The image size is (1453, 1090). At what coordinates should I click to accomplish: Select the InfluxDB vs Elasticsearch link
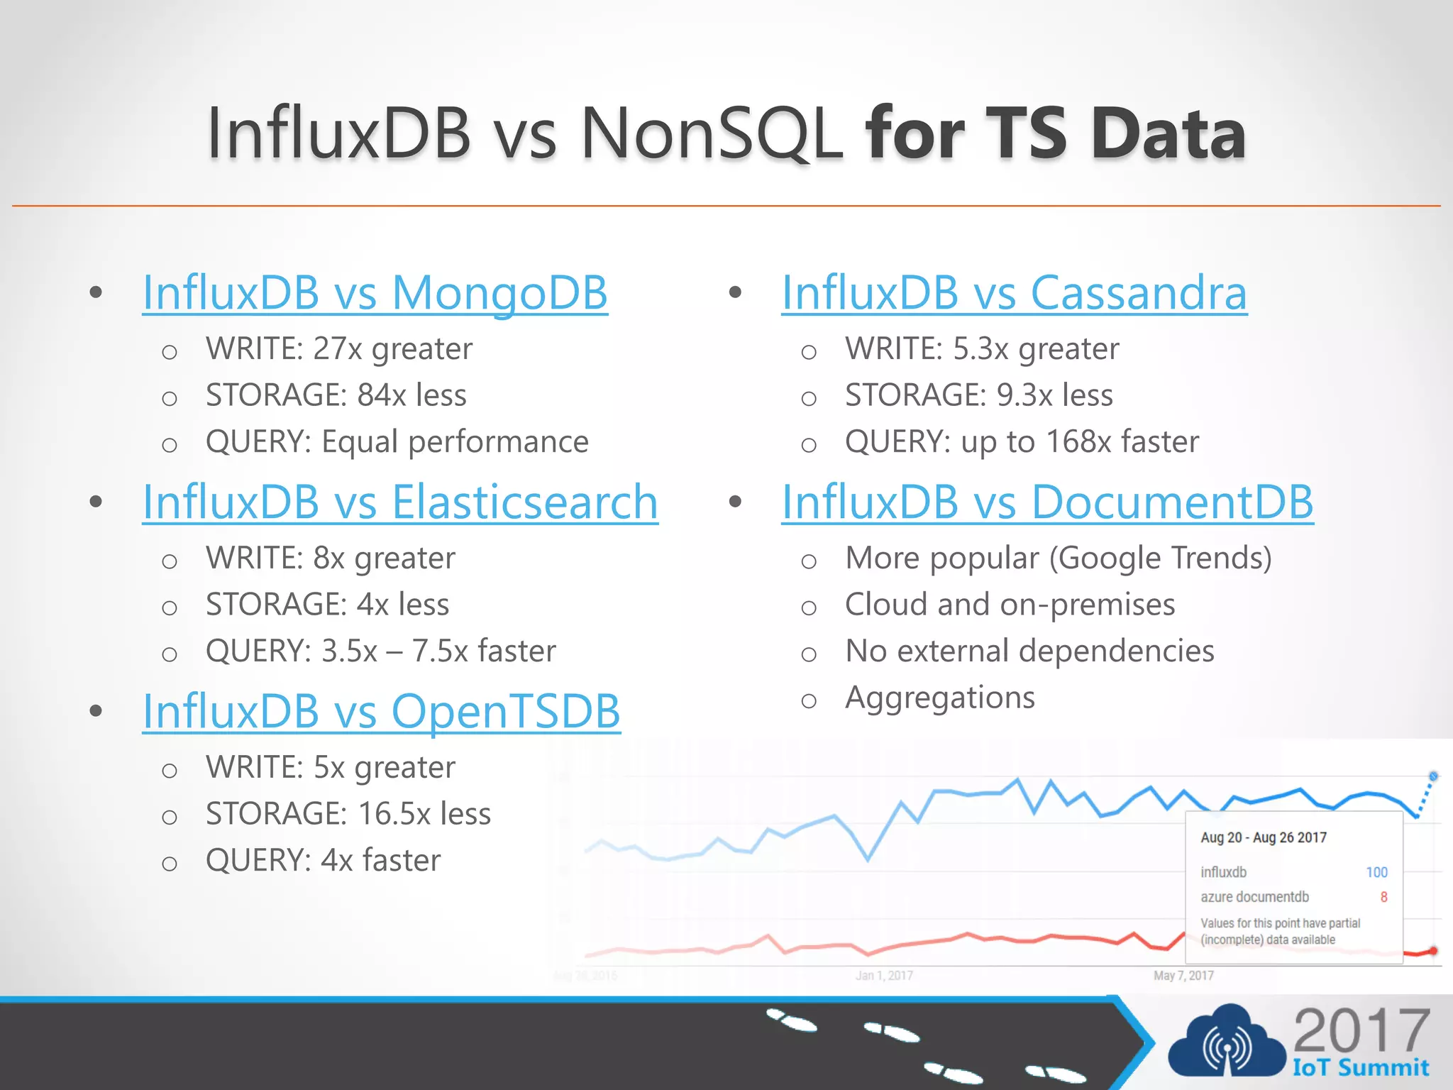coord(400,502)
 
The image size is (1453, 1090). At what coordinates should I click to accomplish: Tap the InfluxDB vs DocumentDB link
coord(1047,502)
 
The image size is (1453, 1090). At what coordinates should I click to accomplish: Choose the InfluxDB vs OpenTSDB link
coord(381,711)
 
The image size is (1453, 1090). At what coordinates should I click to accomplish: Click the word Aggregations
coord(940,698)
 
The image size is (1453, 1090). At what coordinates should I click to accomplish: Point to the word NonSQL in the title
coord(712,133)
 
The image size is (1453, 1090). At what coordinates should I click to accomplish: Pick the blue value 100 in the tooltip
coord(1376,872)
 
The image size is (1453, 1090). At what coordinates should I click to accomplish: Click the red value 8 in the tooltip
coord(1383,897)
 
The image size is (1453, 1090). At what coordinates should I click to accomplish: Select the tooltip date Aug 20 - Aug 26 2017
coord(1263,837)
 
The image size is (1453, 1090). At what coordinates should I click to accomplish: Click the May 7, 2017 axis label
coord(1183,976)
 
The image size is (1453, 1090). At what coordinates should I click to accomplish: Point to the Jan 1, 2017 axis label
coord(884,976)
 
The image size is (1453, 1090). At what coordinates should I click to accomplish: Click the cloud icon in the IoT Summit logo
coord(1226,1045)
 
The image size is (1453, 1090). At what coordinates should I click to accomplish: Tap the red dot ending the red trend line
coord(1433,951)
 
